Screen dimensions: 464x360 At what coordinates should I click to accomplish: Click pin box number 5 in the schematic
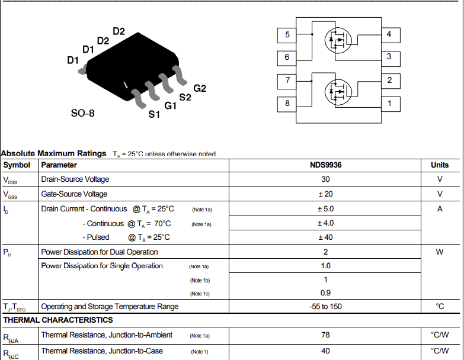[287, 35]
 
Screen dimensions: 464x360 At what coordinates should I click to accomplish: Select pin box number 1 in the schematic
[391, 104]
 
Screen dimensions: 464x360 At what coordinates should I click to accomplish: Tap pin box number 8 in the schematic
[287, 104]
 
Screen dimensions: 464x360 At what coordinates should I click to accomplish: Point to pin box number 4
[391, 35]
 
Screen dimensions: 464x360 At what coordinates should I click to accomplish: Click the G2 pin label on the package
[200, 88]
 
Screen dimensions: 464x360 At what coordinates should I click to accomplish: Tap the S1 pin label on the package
[154, 114]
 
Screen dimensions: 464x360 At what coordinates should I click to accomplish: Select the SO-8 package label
[83, 113]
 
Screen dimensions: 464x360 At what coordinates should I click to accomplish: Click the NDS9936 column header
[325, 165]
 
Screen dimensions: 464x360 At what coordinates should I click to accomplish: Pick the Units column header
[440, 165]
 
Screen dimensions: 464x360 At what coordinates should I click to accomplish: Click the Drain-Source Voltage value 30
[325, 179]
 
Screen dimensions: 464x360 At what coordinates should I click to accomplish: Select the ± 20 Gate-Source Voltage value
[325, 194]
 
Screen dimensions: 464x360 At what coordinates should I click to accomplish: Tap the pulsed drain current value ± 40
[325, 237]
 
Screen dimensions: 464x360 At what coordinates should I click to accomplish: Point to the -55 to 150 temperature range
[325, 306]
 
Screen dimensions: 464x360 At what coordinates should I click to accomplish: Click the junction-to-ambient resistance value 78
[325, 335]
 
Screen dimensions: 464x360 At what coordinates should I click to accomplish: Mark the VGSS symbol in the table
[10, 195]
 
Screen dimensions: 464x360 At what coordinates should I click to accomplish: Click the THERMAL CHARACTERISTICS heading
[58, 320]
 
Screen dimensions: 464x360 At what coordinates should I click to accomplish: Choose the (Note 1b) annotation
[200, 280]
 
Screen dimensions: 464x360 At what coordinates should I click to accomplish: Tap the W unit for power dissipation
[440, 252]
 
